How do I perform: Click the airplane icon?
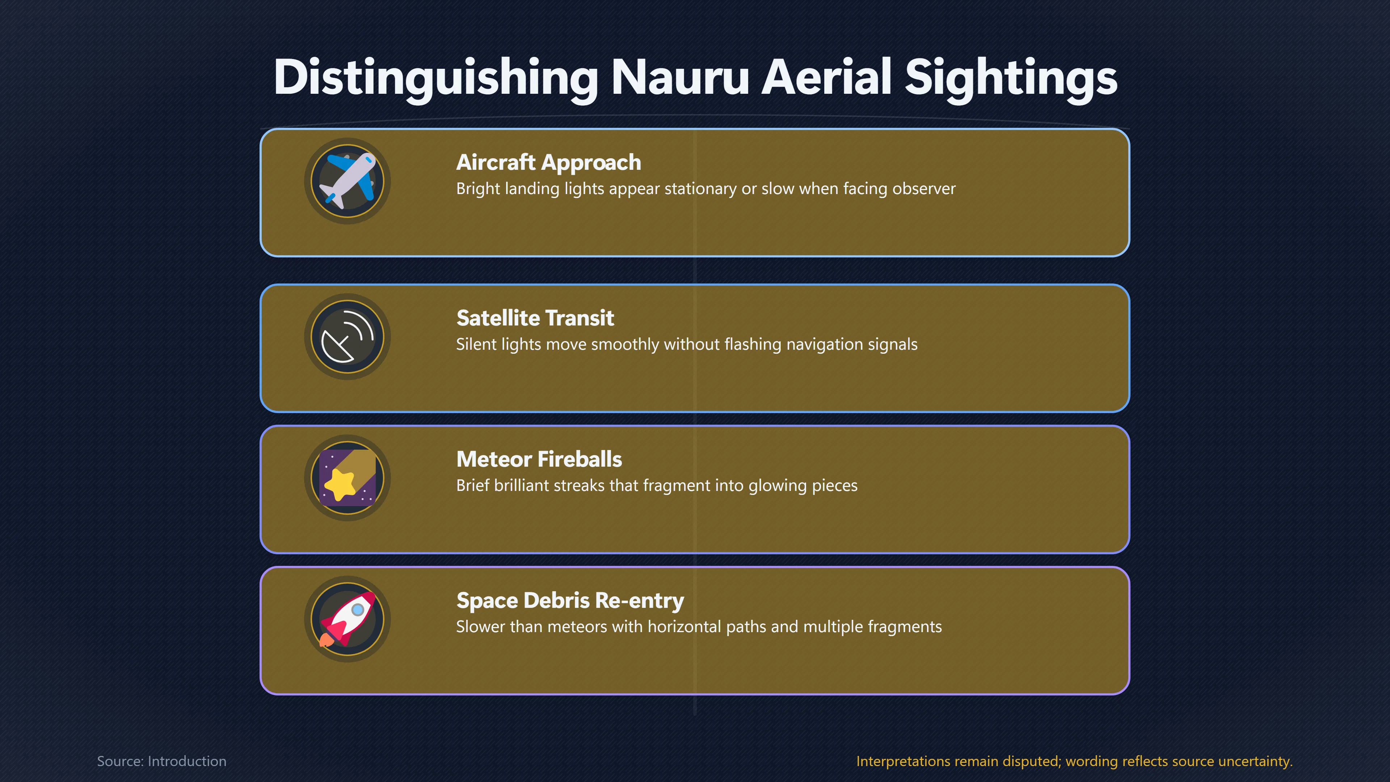click(347, 181)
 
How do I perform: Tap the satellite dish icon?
click(347, 337)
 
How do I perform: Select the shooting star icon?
click(347, 478)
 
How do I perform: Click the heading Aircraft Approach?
click(549, 163)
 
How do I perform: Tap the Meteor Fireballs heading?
click(539, 459)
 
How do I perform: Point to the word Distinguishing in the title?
click(436, 79)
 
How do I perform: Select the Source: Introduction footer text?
click(162, 761)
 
